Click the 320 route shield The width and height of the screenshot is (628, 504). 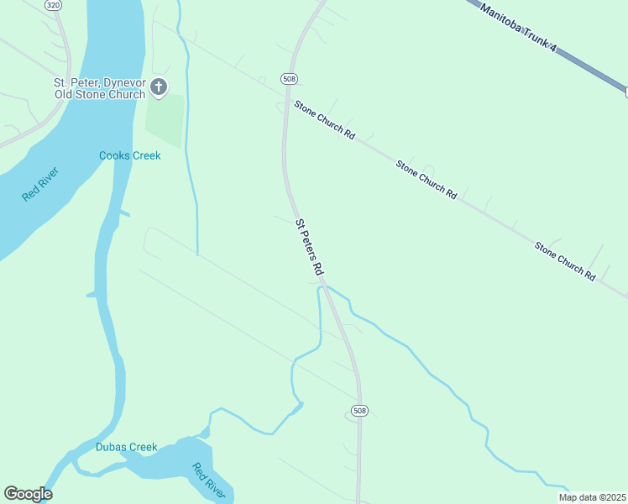[x=54, y=5]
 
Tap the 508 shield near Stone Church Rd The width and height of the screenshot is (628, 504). [x=289, y=79]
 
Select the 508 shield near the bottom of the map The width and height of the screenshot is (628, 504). [x=358, y=410]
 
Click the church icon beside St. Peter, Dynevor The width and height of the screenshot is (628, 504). [x=159, y=86]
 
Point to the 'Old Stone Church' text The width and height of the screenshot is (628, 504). [x=108, y=94]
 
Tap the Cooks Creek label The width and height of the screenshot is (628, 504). [x=129, y=155]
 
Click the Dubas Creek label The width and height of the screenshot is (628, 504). [x=126, y=447]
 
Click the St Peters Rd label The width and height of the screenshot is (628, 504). [x=309, y=248]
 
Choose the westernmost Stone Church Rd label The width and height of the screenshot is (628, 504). [x=325, y=120]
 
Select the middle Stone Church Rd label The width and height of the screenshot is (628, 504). [x=427, y=179]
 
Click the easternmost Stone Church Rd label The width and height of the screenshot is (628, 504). [x=565, y=260]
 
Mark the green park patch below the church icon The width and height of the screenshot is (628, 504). [x=165, y=118]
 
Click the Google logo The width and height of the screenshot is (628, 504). [x=28, y=494]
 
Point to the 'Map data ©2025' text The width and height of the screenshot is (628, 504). [x=591, y=497]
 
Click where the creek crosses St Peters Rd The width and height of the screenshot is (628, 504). [x=326, y=287]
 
